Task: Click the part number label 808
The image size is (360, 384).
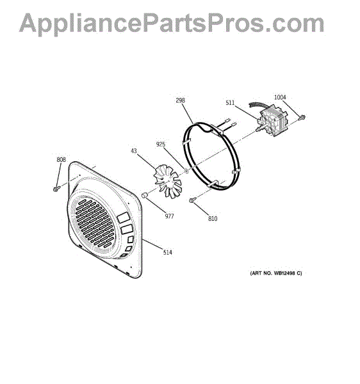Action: pos(61,159)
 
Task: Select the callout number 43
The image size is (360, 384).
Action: pos(134,151)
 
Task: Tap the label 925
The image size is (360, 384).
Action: pos(161,144)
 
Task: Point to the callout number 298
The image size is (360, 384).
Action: pos(181,100)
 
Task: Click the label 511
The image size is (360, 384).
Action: pos(230,103)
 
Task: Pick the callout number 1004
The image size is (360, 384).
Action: pos(280,97)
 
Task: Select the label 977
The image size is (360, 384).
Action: pos(169,216)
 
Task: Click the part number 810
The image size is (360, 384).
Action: pos(213,218)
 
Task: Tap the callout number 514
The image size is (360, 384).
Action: pos(168,252)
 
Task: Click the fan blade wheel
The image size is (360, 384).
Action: pos(168,180)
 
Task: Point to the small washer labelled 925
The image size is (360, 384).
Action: pos(186,170)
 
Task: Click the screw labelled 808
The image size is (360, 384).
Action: pos(56,189)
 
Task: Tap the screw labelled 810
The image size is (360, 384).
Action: pos(193,200)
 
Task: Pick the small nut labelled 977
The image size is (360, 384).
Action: pos(145,195)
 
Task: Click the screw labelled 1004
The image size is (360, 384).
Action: pos(302,118)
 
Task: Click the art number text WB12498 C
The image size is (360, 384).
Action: pos(286,273)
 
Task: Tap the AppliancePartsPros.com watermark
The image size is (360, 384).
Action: pos(172,24)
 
